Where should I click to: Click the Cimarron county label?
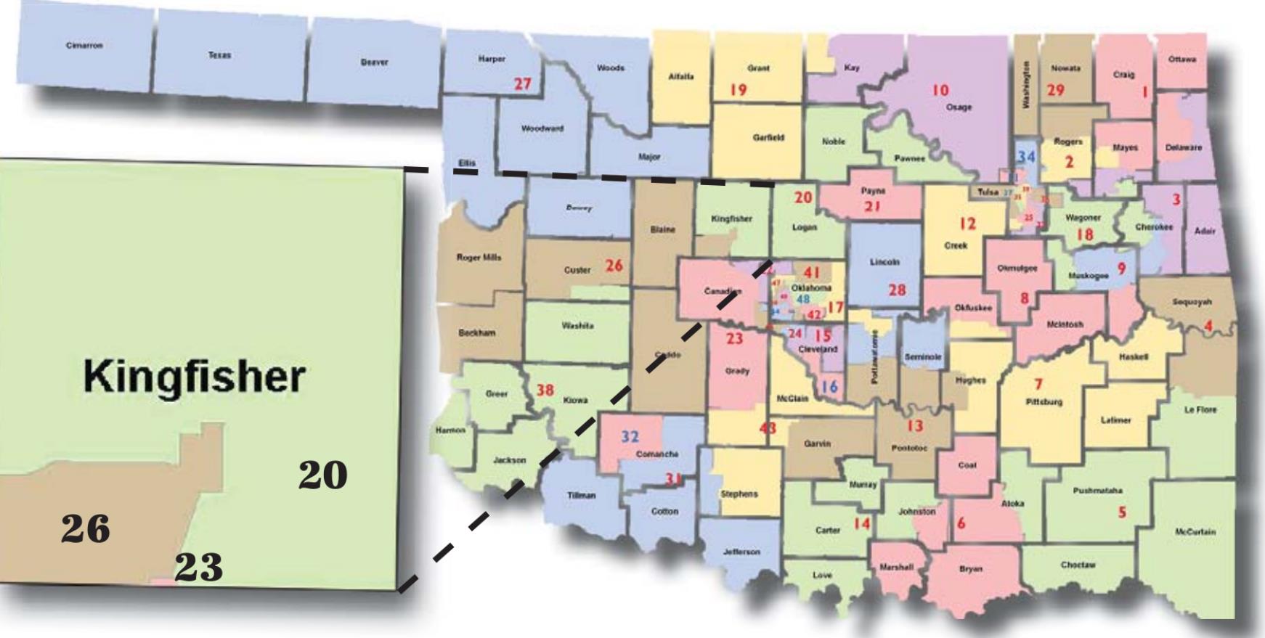pyautogui.click(x=84, y=46)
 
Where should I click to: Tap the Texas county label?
pyautogui.click(x=219, y=55)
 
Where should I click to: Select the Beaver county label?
pyautogui.click(x=374, y=62)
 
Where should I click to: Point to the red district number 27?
pyautogui.click(x=523, y=84)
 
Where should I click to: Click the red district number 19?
pyautogui.click(x=739, y=90)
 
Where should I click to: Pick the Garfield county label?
pyautogui.click(x=768, y=137)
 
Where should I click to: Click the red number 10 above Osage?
pyautogui.click(x=940, y=90)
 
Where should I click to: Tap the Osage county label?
pyautogui.click(x=959, y=107)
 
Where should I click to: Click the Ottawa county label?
pyautogui.click(x=1182, y=60)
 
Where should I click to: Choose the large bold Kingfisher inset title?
pyautogui.click(x=194, y=376)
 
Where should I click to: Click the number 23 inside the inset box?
pyautogui.click(x=198, y=568)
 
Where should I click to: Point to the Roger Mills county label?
pyautogui.click(x=479, y=258)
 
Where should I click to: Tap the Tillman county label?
pyautogui.click(x=581, y=496)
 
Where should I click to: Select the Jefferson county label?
pyautogui.click(x=741, y=552)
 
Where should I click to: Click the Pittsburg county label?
pyautogui.click(x=1044, y=401)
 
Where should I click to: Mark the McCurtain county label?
pyautogui.click(x=1195, y=532)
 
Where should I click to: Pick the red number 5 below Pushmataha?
pyautogui.click(x=1122, y=512)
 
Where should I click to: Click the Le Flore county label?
pyautogui.click(x=1200, y=410)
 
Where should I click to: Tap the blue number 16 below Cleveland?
pyautogui.click(x=829, y=387)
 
